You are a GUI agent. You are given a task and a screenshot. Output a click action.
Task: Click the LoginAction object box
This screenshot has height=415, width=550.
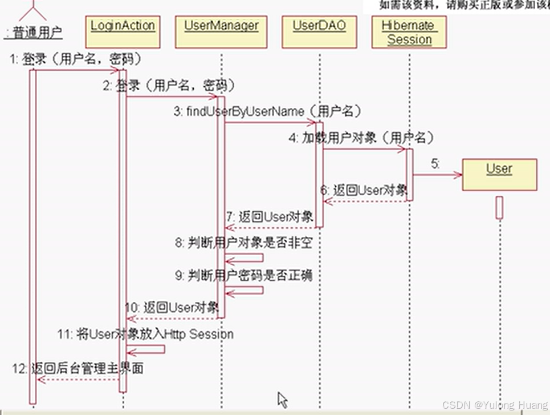[x=123, y=33]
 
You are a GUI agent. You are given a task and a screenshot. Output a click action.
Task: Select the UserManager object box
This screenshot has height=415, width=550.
[x=221, y=33]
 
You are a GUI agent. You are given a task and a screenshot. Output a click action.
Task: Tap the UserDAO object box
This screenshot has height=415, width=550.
[x=319, y=33]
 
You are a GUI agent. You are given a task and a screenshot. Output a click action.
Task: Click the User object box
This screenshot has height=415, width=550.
[x=499, y=174]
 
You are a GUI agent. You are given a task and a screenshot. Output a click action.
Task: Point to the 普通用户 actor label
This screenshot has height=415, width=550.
[x=33, y=33]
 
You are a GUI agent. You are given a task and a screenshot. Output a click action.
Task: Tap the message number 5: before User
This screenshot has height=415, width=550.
[x=435, y=164]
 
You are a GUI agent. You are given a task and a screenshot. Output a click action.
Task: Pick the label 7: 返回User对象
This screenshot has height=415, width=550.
[x=269, y=216]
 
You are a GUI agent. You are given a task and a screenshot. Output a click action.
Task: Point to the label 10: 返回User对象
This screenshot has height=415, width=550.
[x=172, y=307]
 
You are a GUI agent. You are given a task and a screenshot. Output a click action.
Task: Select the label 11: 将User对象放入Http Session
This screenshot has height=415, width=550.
[x=146, y=334]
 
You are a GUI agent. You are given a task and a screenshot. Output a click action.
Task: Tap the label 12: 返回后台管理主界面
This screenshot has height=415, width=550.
[x=78, y=369]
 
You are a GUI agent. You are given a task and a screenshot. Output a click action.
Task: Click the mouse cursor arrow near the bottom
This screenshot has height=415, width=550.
[x=282, y=399]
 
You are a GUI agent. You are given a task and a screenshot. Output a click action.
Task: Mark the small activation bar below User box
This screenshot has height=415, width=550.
[x=499, y=207]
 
